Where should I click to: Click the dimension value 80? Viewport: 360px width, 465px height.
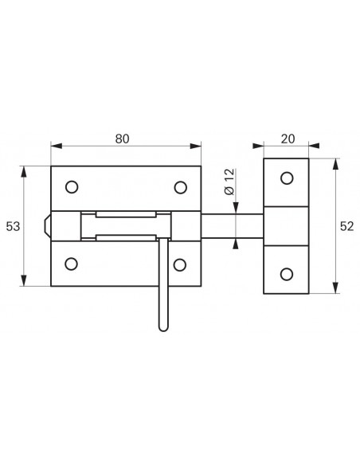pos(122,139)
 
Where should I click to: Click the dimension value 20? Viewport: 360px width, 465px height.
pos(288,139)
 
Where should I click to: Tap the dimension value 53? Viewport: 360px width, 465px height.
pos(13,226)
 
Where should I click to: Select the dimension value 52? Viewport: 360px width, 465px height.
pos(346,226)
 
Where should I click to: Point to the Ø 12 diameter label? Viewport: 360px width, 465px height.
pos(230,182)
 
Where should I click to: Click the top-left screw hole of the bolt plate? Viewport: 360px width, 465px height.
pos(72,187)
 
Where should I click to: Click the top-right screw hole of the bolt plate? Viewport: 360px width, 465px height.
pos(180,187)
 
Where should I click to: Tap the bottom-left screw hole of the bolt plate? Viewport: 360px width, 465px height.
pos(71,264)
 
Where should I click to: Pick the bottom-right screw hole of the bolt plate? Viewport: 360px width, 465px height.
pos(180,265)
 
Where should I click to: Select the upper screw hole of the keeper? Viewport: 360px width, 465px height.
pos(287,178)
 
